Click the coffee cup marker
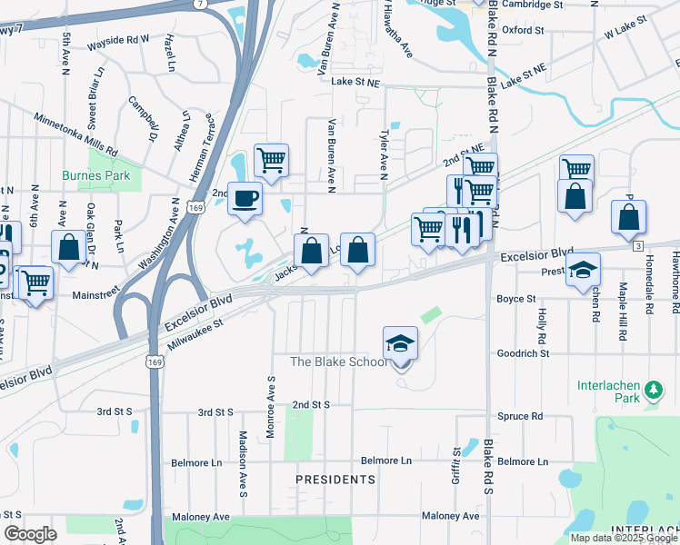pos(244,198)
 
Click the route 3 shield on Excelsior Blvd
pos(638,246)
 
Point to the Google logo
pos(29,534)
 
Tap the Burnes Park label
pos(96,175)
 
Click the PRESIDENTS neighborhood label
pos(335,479)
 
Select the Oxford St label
pos(523,30)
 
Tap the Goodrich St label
pos(524,353)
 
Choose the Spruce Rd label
pos(520,417)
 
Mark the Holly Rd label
pos(541,319)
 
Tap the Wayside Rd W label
pos(118,42)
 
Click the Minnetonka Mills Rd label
pos(75,134)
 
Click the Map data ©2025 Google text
pos(624,538)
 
